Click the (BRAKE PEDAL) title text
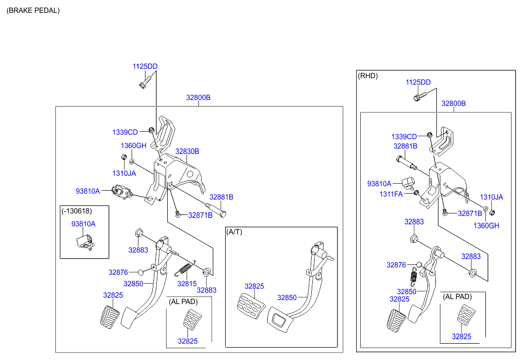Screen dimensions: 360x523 (33, 10)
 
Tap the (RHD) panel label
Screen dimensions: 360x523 (367, 76)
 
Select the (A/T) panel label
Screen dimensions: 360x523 (235, 232)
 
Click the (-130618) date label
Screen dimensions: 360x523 (77, 210)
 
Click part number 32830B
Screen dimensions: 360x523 (187, 151)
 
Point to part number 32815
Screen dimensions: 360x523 (187, 284)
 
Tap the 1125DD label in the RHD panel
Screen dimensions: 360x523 (418, 82)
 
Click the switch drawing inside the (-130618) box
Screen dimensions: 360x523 (85, 242)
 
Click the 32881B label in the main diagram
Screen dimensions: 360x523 (221, 197)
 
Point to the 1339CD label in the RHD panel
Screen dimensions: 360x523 (403, 136)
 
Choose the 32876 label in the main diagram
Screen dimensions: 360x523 (118, 272)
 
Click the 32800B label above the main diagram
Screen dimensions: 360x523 (198, 98)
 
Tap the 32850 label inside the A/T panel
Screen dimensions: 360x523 (287, 298)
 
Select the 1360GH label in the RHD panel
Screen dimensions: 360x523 (487, 225)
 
